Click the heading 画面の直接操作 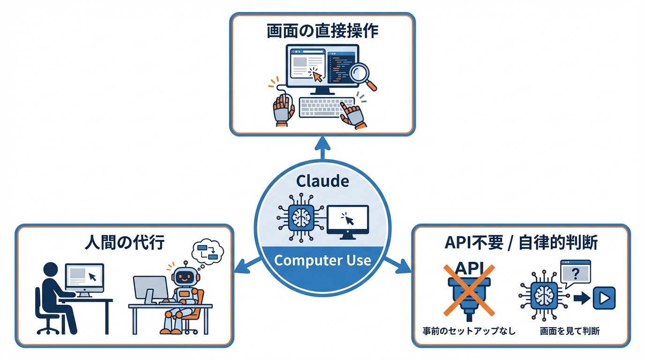coord(322,31)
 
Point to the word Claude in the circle coord(322,181)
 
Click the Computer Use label coord(322,260)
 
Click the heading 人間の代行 coord(125,244)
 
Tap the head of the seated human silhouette coord(50,270)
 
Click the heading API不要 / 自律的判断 coord(520,244)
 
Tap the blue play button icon coord(604,298)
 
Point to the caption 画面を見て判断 coord(570,331)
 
